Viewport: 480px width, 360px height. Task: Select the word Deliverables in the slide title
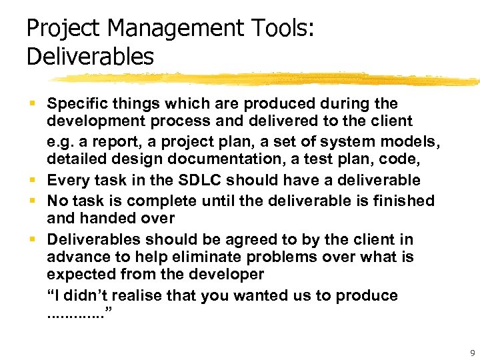90,56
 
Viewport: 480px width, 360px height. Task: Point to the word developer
227,275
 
